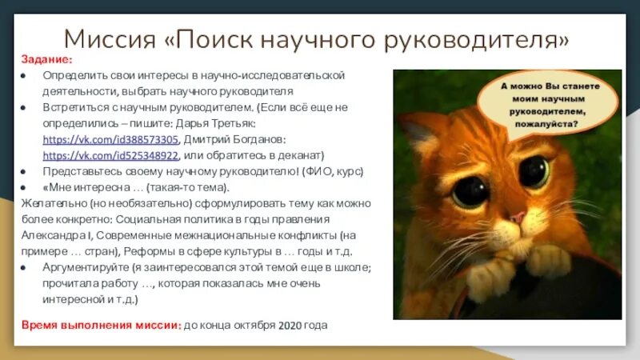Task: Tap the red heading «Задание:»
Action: point(46,60)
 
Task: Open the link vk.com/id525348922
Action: point(110,155)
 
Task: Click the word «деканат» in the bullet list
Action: point(298,155)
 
